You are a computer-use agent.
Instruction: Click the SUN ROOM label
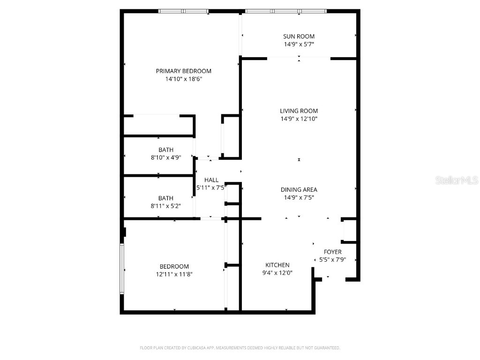299,36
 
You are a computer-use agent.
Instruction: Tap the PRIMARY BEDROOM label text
183,71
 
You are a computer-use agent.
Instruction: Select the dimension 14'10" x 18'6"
183,79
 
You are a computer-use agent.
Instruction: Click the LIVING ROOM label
299,111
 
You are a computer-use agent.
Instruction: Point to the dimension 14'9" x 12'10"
299,119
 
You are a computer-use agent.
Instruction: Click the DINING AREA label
299,189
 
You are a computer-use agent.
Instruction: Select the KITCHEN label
277,265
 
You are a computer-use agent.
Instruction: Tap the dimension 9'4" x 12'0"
277,273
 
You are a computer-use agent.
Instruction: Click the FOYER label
333,252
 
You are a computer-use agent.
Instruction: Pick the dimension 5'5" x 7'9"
333,260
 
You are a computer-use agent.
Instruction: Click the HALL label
211,180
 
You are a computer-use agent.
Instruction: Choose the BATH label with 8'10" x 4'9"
165,150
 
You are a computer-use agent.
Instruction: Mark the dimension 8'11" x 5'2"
165,206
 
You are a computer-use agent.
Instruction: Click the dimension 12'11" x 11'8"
174,274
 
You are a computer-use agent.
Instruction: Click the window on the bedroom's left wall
121,269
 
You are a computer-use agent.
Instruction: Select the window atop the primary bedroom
183,11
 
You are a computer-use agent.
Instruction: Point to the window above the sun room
286,11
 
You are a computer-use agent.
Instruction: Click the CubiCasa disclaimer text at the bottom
240,348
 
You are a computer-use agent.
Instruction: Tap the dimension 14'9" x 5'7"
299,45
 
